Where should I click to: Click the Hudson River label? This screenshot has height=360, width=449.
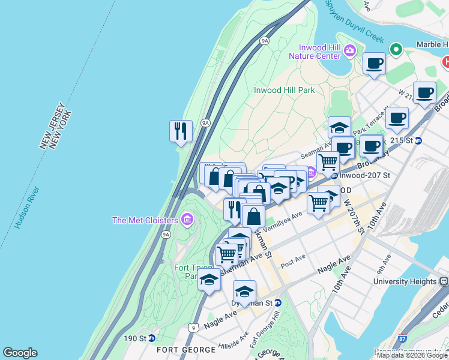28,208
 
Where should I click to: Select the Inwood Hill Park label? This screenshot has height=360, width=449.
284,90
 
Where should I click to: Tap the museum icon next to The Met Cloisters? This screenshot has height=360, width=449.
188,220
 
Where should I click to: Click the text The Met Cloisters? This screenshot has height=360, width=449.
145,220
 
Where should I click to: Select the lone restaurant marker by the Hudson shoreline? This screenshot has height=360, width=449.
181,130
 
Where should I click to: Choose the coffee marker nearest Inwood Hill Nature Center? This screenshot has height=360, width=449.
374,63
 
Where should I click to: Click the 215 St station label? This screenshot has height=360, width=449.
402,140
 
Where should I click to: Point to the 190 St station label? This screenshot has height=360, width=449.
134,338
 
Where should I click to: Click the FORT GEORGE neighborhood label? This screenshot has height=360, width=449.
186,350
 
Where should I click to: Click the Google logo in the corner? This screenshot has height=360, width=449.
20,353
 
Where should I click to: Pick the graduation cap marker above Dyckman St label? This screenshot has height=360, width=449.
244,292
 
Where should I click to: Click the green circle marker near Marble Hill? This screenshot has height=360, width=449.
396,49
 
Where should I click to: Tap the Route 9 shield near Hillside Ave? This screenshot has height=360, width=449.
191,327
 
